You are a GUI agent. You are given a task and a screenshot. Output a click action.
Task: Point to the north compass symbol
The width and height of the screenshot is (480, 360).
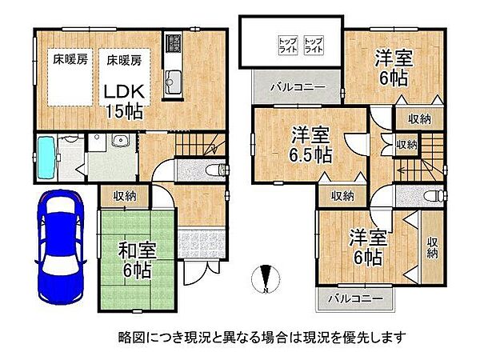[x=266, y=281]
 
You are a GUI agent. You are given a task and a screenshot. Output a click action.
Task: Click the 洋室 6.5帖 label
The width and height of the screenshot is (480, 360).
[x=309, y=145]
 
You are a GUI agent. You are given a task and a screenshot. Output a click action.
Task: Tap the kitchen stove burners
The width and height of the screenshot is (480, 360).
[x=174, y=44]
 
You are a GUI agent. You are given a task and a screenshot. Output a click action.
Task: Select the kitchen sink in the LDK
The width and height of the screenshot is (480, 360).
[x=174, y=79]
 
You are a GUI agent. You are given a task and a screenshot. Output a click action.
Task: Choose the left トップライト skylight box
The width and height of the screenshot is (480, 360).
[x=287, y=44]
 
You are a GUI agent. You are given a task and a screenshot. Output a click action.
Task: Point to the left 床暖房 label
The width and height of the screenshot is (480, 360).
[x=70, y=58]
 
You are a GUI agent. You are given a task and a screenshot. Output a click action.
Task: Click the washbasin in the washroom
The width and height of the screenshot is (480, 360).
[x=121, y=143]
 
